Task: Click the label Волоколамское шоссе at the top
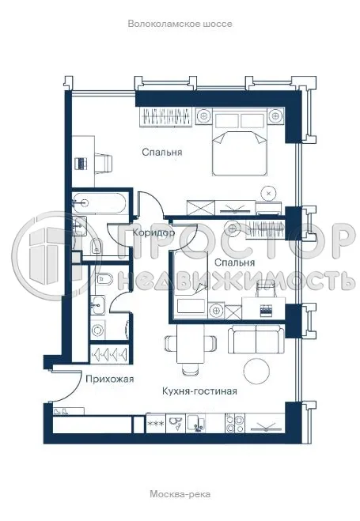coord(180,25)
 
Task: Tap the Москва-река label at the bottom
coord(180,495)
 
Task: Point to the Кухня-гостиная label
coord(200,391)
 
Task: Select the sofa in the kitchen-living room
coord(256,341)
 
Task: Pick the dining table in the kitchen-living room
coord(189,345)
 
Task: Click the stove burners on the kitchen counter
coord(234,424)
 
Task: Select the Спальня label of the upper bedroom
coord(163,152)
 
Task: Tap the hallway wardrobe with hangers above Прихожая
coord(110,354)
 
